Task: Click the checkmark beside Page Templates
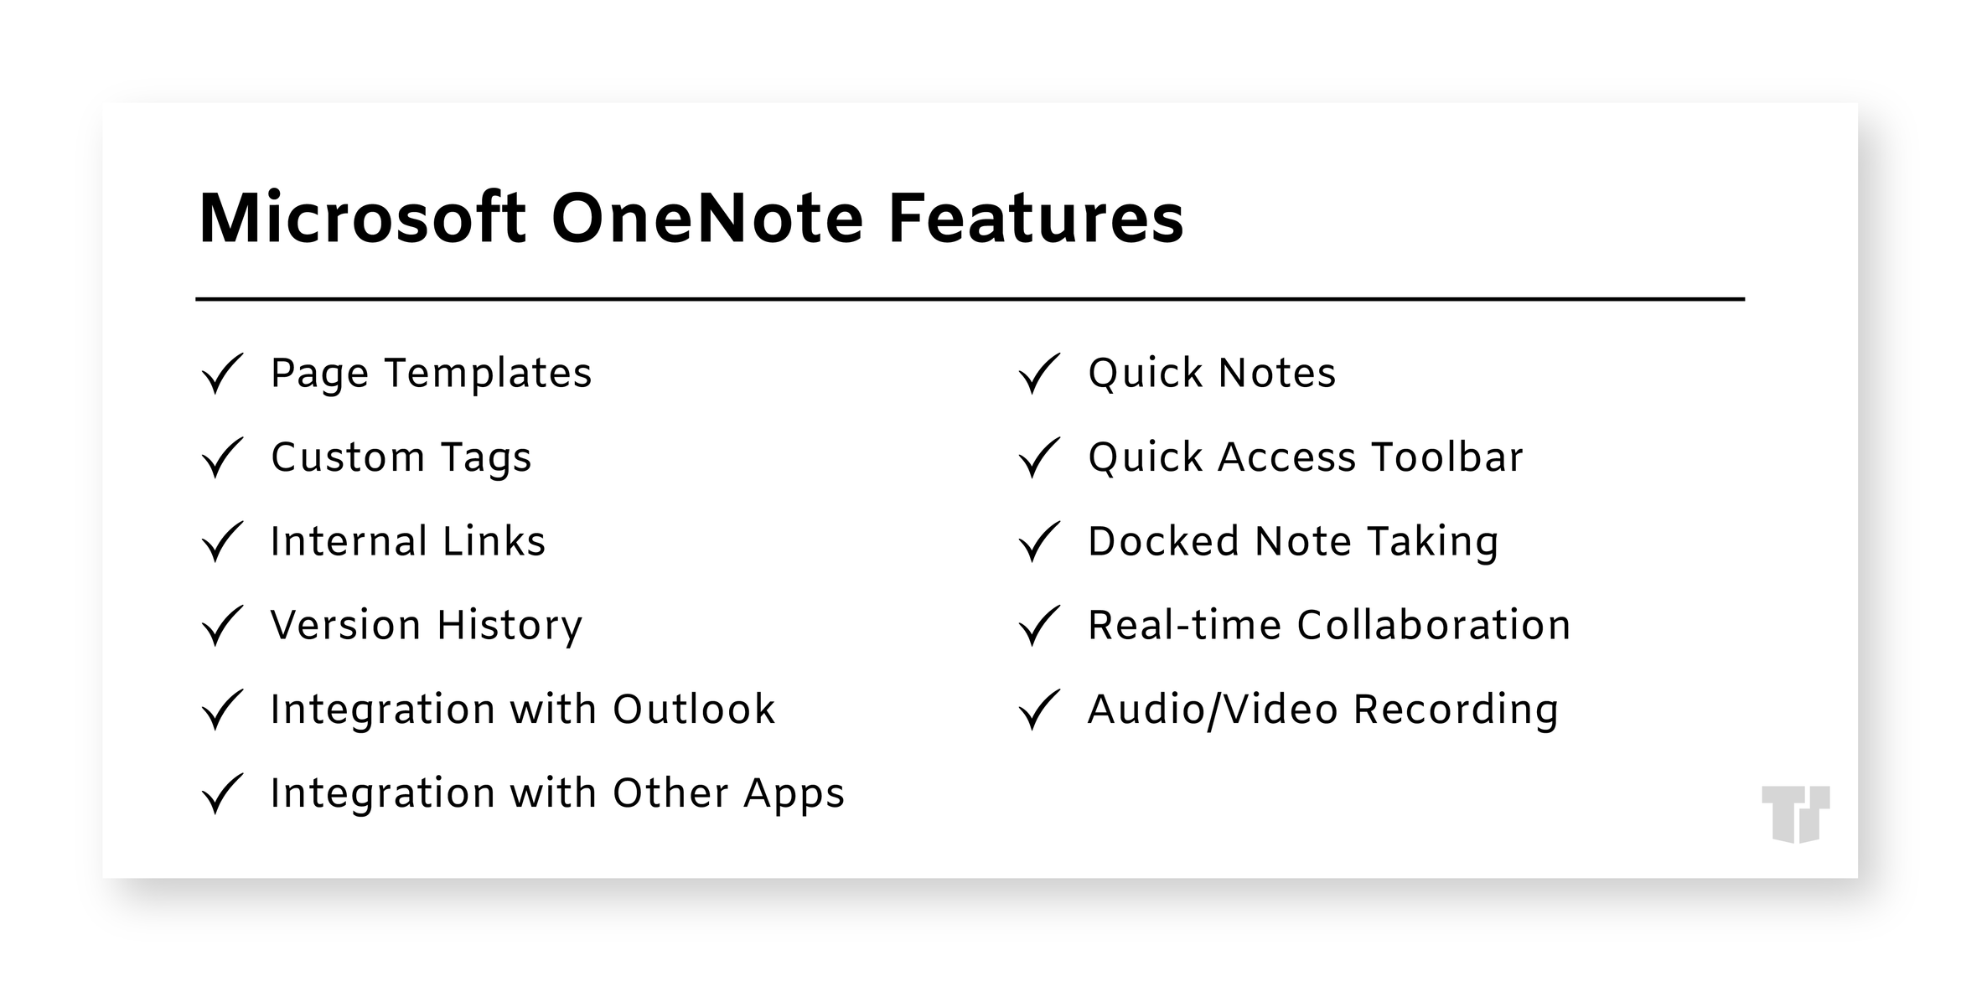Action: coord(222,374)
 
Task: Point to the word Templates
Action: coord(488,373)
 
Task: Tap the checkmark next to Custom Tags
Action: coord(222,457)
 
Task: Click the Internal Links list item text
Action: coord(407,541)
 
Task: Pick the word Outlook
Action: coord(694,710)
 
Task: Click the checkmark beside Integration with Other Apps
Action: coord(222,793)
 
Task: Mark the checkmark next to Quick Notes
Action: coord(1039,374)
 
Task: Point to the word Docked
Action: coord(1162,541)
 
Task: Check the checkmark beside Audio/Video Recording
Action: coord(1039,710)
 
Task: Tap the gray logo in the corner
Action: coord(1795,813)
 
